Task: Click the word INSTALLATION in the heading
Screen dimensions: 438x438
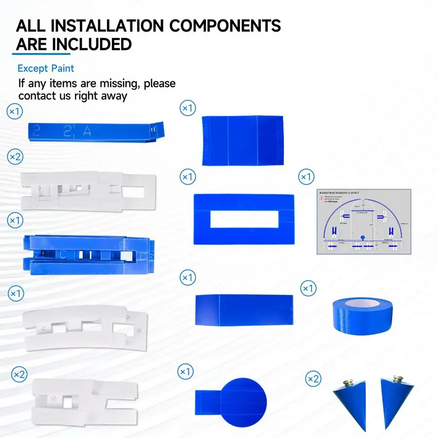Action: [113, 25]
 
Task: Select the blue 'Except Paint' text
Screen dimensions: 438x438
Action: [46, 69]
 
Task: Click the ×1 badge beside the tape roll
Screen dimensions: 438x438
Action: [309, 289]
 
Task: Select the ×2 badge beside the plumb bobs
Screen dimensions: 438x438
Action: [313, 378]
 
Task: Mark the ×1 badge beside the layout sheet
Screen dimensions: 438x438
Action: [306, 176]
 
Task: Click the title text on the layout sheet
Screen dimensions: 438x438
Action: [339, 193]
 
